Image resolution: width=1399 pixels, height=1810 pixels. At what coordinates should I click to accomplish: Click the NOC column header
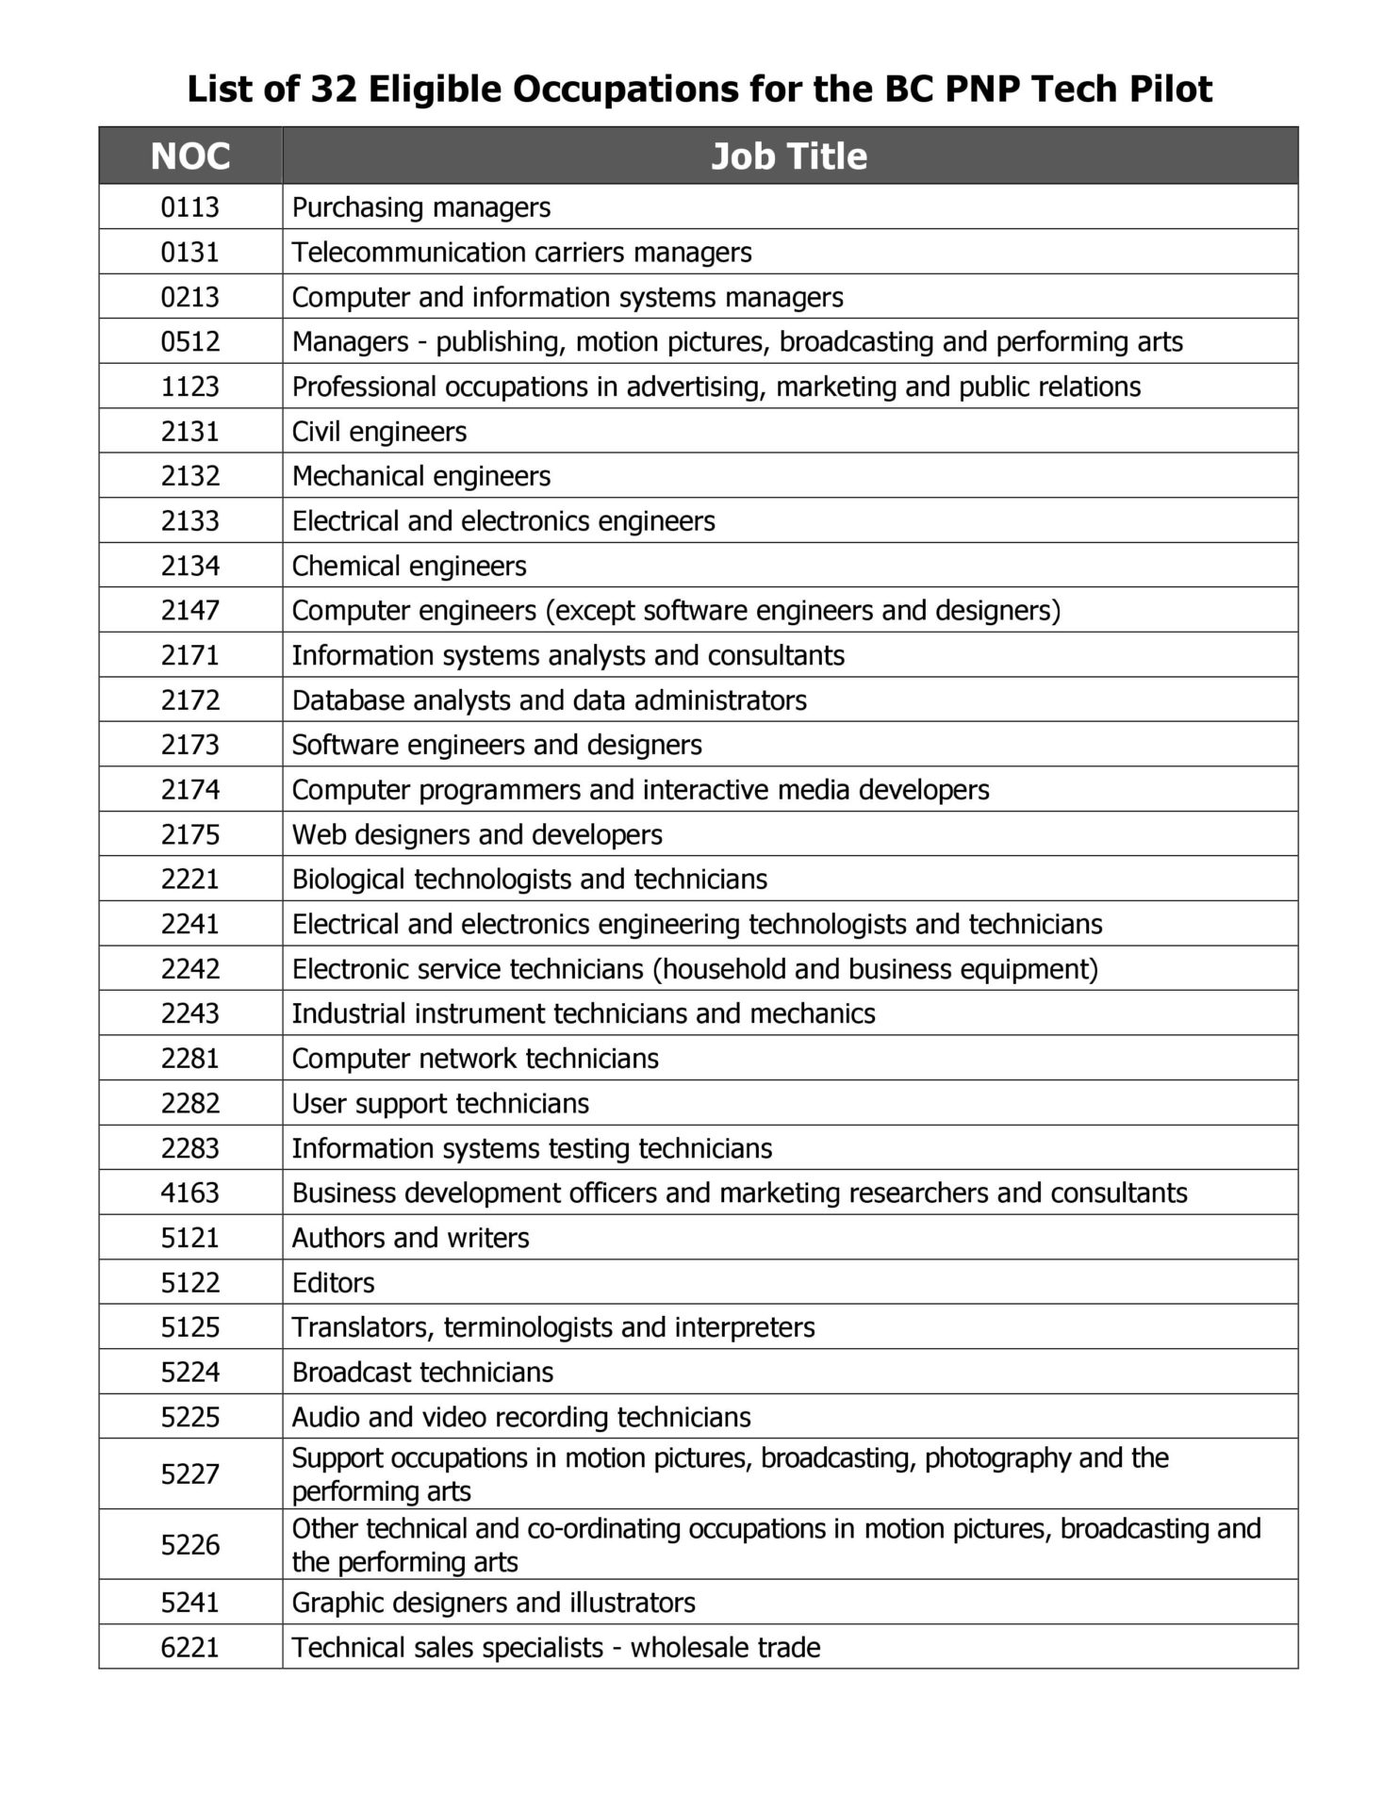pos(190,156)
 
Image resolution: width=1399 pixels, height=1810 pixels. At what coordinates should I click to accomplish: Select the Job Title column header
pos(789,156)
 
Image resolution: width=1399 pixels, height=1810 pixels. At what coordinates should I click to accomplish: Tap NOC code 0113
pos(190,207)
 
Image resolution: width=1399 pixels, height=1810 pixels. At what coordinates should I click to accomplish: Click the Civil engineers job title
pos(379,432)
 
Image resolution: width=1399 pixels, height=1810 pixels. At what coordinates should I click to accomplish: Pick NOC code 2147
pos(190,611)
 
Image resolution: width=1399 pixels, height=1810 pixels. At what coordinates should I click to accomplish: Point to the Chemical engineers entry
pos(409,567)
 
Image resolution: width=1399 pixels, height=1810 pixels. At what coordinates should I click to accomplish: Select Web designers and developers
pos(477,835)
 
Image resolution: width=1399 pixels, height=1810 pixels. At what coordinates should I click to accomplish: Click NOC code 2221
pos(190,880)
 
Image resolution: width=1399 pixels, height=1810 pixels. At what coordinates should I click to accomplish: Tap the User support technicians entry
pos(440,1104)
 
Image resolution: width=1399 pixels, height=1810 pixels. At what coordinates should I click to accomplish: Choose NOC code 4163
pos(190,1193)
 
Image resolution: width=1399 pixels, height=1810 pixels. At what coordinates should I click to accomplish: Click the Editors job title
pos(333,1283)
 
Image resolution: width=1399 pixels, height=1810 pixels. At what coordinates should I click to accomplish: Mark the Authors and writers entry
pos(410,1238)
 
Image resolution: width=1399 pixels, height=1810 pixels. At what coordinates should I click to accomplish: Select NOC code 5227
pos(190,1474)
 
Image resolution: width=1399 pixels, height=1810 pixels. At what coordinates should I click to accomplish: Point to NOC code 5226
pos(190,1545)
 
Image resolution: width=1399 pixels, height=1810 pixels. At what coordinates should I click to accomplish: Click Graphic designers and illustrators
pos(493,1603)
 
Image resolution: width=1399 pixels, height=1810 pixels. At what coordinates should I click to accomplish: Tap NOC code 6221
pos(190,1648)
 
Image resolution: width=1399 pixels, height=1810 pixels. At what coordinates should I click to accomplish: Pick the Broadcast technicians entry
pos(422,1373)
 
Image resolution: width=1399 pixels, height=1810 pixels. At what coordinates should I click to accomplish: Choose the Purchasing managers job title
pos(421,207)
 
